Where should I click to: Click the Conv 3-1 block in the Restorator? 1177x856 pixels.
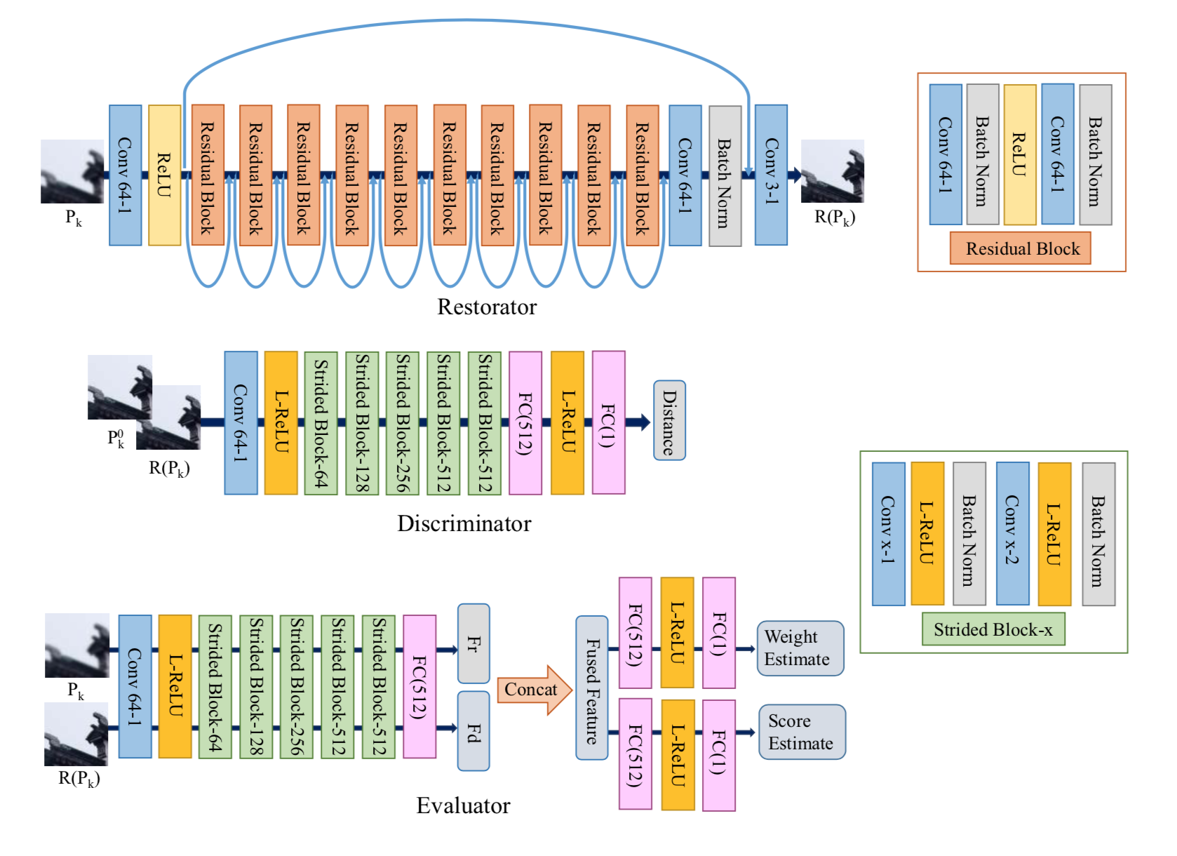click(x=771, y=175)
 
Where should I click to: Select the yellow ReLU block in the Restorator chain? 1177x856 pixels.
click(x=165, y=175)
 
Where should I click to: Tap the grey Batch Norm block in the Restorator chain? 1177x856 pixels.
click(x=725, y=175)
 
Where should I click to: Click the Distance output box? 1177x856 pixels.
click(x=669, y=420)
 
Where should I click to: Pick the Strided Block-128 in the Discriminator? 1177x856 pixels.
click(x=362, y=423)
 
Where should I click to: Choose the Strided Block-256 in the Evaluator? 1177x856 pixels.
click(x=296, y=686)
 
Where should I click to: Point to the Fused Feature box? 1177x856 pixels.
click(x=591, y=688)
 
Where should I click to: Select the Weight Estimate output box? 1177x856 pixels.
click(x=800, y=648)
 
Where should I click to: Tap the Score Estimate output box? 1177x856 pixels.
click(x=802, y=732)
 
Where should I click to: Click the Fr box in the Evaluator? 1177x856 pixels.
click(x=473, y=643)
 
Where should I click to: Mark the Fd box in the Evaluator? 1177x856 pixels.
click(x=473, y=731)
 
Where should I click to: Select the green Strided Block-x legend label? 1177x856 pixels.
click(x=993, y=629)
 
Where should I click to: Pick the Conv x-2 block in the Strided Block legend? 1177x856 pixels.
click(x=1012, y=533)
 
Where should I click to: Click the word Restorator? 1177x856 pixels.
click(x=487, y=307)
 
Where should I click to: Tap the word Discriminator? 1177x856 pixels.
click(x=464, y=523)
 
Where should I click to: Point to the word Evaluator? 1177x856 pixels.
click(x=463, y=805)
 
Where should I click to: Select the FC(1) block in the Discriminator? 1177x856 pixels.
click(x=608, y=423)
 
